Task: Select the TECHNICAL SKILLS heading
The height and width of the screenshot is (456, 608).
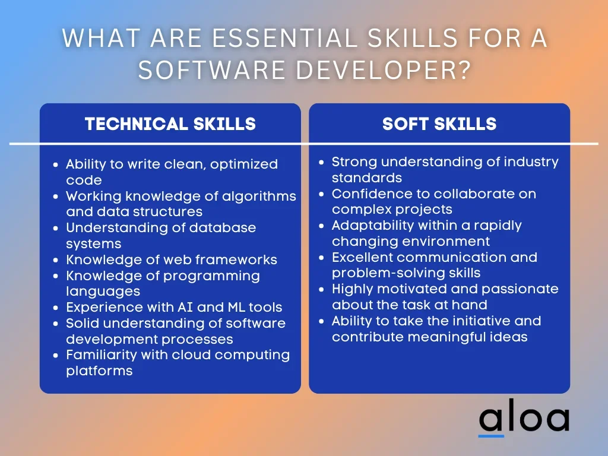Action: (170, 124)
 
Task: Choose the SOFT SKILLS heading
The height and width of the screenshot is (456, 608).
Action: (439, 124)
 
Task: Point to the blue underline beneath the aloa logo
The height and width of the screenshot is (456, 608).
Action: (491, 436)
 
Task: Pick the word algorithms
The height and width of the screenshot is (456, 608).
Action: (259, 197)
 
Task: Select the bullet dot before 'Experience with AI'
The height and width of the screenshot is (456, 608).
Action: (56, 308)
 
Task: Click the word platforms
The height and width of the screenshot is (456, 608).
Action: (99, 371)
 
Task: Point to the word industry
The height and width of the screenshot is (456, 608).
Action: (531, 162)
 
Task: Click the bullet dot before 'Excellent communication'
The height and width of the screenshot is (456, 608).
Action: (321, 258)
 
